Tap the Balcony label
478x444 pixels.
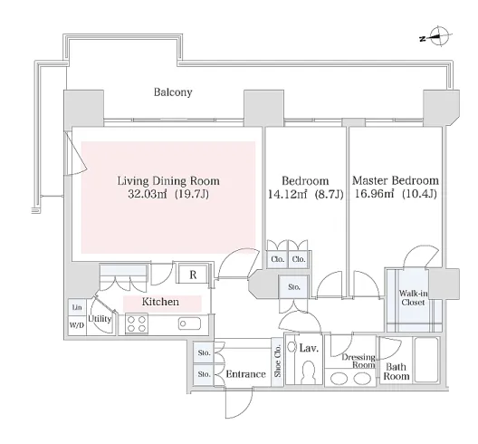(173, 92)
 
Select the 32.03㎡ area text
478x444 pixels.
(147, 194)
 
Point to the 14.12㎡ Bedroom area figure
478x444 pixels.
(287, 194)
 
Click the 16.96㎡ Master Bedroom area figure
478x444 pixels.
(375, 194)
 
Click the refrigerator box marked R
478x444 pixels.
(193, 275)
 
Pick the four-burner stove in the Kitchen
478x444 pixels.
(137, 323)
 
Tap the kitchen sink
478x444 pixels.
(189, 323)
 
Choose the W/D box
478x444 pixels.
(77, 325)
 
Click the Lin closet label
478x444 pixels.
(77, 307)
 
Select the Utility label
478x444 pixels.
(100, 319)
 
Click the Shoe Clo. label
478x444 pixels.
(277, 361)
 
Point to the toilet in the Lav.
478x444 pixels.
(308, 372)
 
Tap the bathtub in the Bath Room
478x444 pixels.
(426, 360)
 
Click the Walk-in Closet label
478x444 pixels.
(413, 298)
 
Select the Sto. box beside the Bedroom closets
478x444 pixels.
(294, 287)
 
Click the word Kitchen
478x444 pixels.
(160, 302)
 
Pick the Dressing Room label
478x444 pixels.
(358, 361)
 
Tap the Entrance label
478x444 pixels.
(245, 374)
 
